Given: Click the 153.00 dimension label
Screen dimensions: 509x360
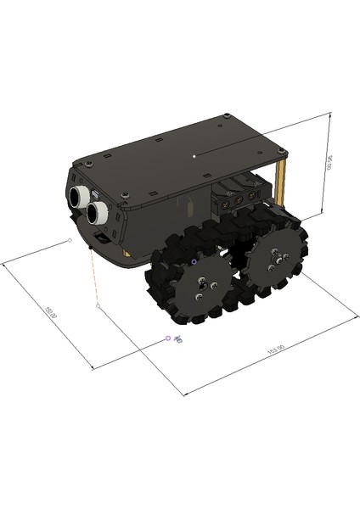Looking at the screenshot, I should coord(274,349).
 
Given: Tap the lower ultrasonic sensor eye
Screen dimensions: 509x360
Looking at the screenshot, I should coord(97,212).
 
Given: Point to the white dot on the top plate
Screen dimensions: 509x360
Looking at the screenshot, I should coord(194,156).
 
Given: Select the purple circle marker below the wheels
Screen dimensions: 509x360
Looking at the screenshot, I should coord(168,338).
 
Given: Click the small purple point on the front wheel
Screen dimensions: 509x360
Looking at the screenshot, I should coord(194,262).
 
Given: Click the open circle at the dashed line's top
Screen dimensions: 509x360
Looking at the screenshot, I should coord(70,241).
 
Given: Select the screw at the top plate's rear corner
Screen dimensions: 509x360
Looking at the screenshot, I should coord(284,151).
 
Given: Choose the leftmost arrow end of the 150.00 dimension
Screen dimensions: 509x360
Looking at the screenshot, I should coord(4,264).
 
